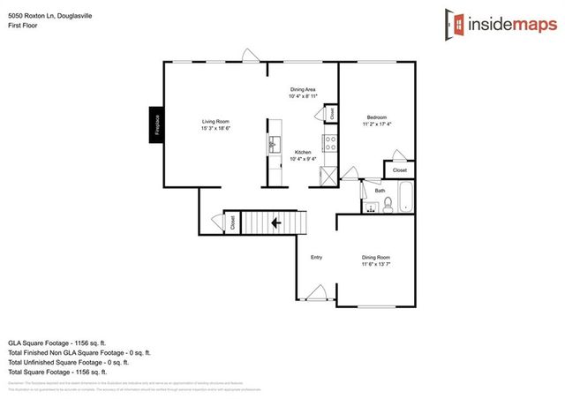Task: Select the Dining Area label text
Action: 303,90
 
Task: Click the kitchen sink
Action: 274,142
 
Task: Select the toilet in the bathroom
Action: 387,205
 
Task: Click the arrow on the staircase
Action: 277,223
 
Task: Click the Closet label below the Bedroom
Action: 399,169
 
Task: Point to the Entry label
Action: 316,258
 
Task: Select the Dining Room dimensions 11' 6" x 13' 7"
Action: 375,264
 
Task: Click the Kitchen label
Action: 303,153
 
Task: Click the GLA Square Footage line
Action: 56,342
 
